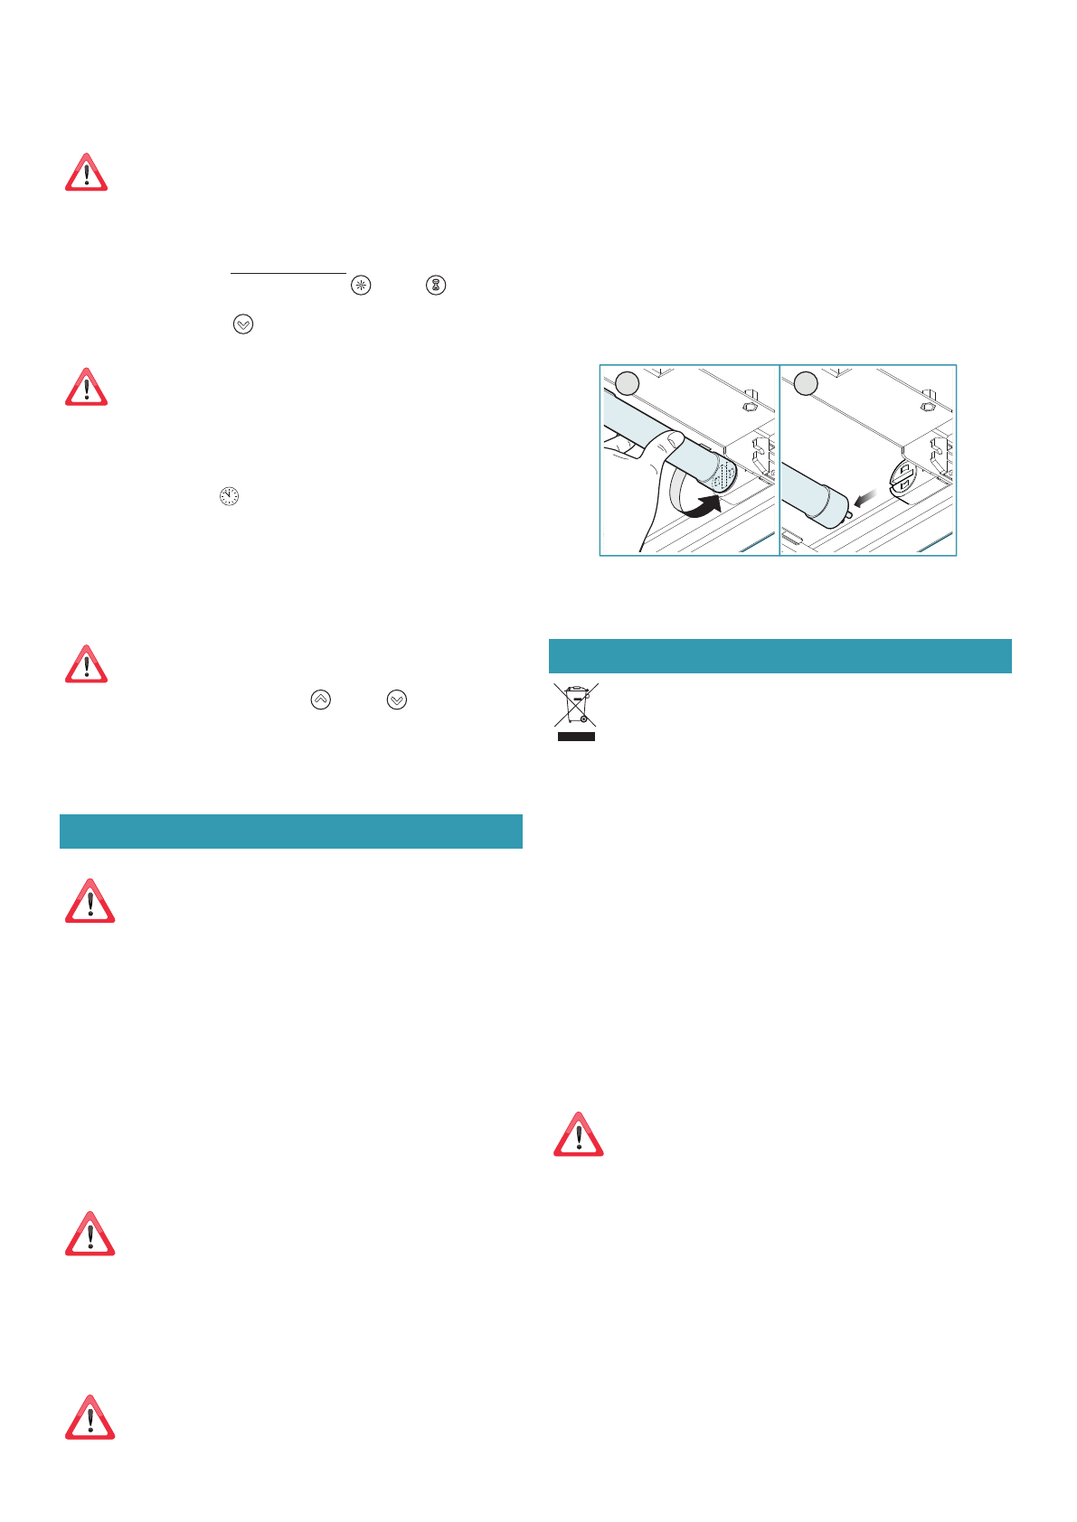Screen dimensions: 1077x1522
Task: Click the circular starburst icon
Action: pyautogui.click(x=361, y=286)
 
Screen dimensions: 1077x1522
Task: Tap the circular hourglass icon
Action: pyautogui.click(x=436, y=286)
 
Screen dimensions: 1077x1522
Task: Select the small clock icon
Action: pyautogui.click(x=229, y=496)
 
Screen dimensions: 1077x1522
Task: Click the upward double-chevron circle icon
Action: pyautogui.click(x=320, y=700)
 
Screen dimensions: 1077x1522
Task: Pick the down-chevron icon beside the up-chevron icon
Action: pyautogui.click(x=397, y=700)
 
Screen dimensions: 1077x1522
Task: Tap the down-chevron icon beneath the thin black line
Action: pyautogui.click(x=243, y=324)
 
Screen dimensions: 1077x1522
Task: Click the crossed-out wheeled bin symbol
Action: pyautogui.click(x=575, y=705)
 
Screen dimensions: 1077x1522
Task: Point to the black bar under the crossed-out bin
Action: pyautogui.click(x=575, y=737)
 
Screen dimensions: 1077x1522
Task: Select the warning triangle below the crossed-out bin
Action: pyautogui.click(x=578, y=1135)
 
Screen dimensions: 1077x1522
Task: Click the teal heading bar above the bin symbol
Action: pyautogui.click(x=779, y=656)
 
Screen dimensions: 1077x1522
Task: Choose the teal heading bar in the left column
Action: pyautogui.click(x=290, y=831)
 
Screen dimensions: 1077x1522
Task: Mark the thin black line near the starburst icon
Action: pyautogui.click(x=288, y=272)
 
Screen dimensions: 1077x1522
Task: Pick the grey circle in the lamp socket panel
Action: pyautogui.click(x=806, y=383)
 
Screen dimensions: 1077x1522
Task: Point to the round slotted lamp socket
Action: pyautogui.click(x=903, y=476)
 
